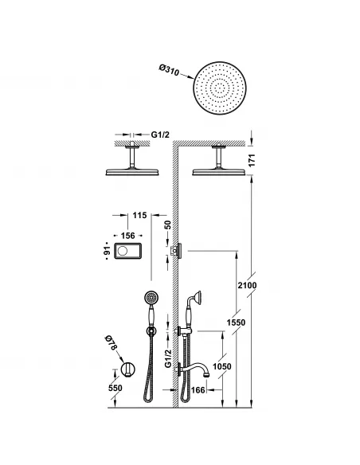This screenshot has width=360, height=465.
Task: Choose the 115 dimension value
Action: point(141,215)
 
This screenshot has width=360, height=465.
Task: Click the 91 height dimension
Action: point(105,252)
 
